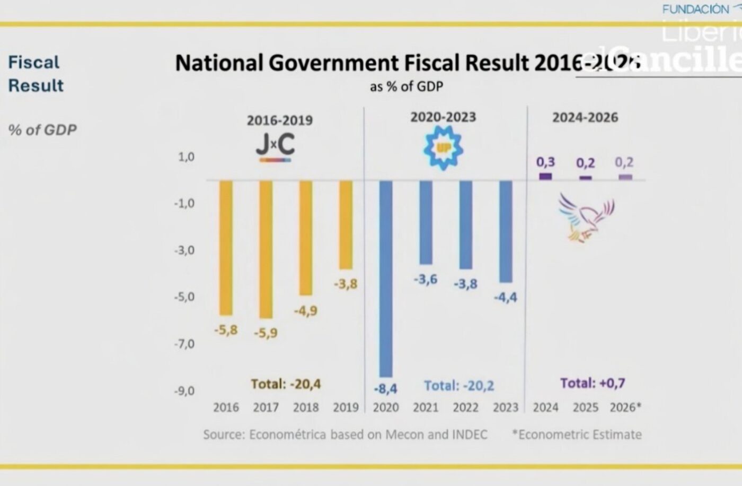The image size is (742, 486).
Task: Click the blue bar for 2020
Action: pyautogui.click(x=386, y=279)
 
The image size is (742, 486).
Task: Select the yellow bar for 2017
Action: pyautogui.click(x=266, y=249)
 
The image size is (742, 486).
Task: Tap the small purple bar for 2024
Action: pyautogui.click(x=545, y=177)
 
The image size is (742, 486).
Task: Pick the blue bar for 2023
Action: pyautogui.click(x=506, y=231)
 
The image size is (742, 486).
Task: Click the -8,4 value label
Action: pyautogui.click(x=385, y=389)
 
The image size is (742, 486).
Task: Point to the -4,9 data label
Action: pyautogui.click(x=306, y=310)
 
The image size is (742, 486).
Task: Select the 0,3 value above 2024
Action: pyautogui.click(x=545, y=162)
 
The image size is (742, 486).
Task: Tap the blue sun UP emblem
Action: pyautogui.click(x=443, y=148)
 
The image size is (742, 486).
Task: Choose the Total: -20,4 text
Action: pyautogui.click(x=286, y=384)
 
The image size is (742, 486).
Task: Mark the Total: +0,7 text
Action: pyautogui.click(x=593, y=383)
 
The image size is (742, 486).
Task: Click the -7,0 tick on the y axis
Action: pyautogui.click(x=184, y=344)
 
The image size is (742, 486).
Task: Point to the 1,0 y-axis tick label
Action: pyautogui.click(x=185, y=157)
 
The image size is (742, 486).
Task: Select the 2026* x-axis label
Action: pyautogui.click(x=625, y=407)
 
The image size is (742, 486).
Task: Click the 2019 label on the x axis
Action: pyautogui.click(x=346, y=407)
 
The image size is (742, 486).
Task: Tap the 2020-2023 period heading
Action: pyautogui.click(x=443, y=117)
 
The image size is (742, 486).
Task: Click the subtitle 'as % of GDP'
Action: pyautogui.click(x=406, y=86)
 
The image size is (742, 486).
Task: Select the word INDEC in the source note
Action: pyautogui.click(x=470, y=435)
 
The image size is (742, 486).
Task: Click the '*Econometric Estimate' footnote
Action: pyautogui.click(x=577, y=435)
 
